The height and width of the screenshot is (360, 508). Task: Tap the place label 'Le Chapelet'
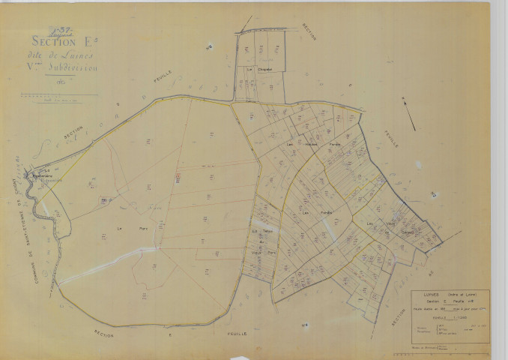(256, 69)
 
